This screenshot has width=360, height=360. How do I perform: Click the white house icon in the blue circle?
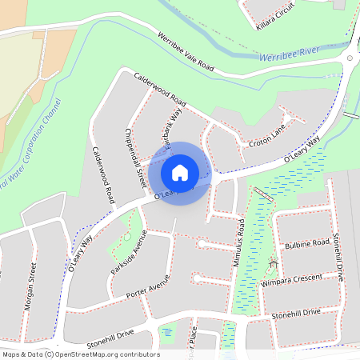[180, 172]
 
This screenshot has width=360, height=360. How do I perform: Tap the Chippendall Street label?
[134, 161]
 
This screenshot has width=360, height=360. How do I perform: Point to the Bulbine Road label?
[306, 243]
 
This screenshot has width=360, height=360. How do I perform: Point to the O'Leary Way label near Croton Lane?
[300, 150]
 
